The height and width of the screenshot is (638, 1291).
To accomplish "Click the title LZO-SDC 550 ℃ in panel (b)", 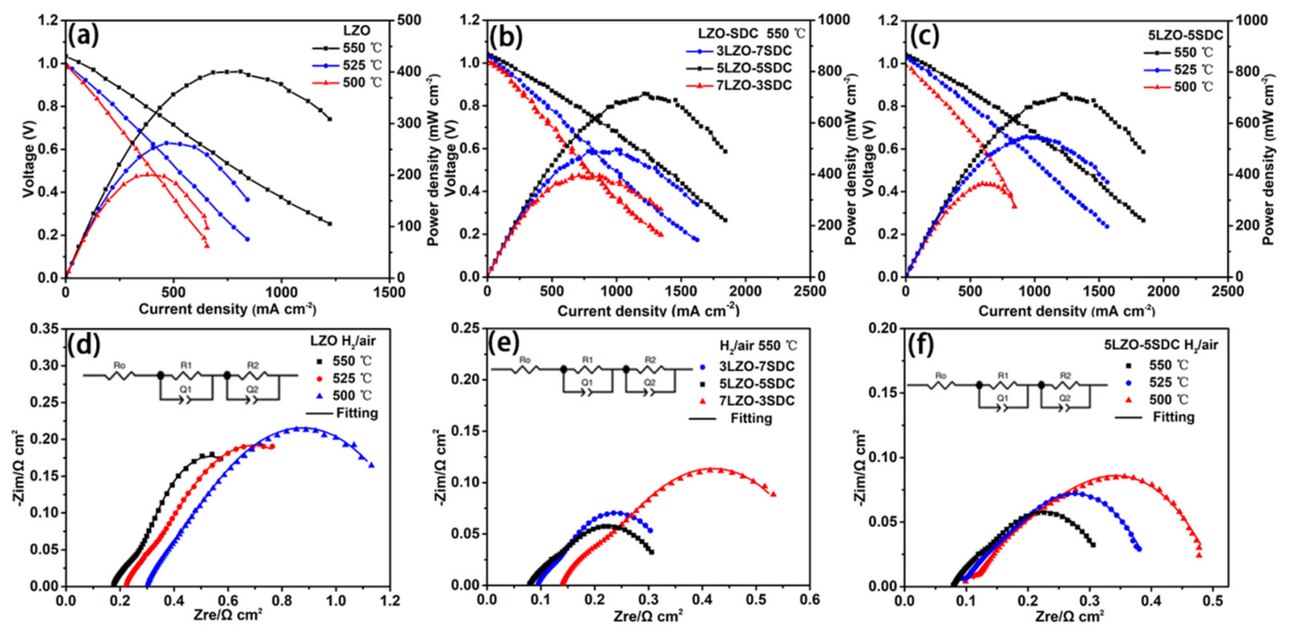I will (752, 34).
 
